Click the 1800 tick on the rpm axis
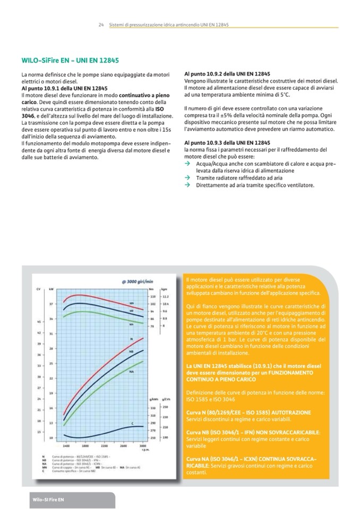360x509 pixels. click(85, 445)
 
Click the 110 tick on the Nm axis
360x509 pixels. click(152, 296)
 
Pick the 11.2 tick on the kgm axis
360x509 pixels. click(166, 296)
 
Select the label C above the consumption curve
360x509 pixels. click(133, 424)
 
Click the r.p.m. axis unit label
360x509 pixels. click(142, 450)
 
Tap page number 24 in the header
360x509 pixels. click(101, 25)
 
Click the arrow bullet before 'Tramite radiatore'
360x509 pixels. click(187, 178)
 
